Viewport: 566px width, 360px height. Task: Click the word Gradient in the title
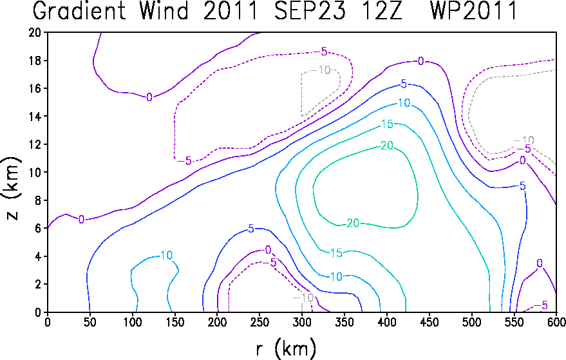point(79,10)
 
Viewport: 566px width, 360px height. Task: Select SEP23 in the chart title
point(310,10)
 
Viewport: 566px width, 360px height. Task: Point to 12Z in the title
point(380,10)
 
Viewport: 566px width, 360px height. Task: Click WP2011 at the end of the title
point(473,10)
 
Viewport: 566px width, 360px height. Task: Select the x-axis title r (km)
point(287,349)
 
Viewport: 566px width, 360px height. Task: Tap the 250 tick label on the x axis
point(259,322)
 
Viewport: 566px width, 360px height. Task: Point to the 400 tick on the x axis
point(386,322)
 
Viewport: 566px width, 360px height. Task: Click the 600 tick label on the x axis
point(556,322)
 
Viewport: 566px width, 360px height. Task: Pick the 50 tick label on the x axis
point(90,322)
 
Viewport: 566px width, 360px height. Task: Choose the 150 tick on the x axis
point(175,322)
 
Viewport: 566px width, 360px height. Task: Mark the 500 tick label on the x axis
point(471,322)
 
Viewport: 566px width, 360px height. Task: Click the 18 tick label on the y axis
point(35,61)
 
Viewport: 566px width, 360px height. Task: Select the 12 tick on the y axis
point(35,144)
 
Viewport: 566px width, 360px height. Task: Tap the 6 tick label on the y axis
point(38,228)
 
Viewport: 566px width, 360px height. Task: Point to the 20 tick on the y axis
point(35,32)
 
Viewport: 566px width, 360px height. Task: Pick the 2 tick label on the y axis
point(38,284)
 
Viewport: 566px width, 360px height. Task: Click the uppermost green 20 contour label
point(387,146)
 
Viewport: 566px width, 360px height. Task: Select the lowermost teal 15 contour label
point(336,253)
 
